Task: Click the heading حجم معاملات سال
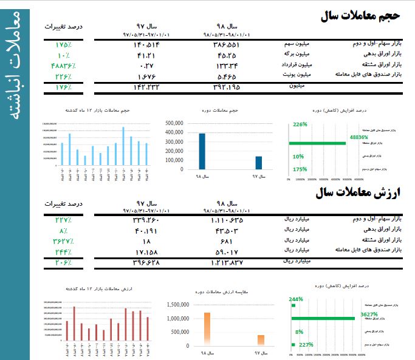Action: click(x=365, y=16)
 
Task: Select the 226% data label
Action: click(x=300, y=124)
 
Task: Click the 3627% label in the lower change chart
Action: click(x=369, y=314)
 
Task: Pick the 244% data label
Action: click(x=296, y=299)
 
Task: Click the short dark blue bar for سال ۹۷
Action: click(x=258, y=163)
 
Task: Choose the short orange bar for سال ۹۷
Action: click(x=261, y=339)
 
